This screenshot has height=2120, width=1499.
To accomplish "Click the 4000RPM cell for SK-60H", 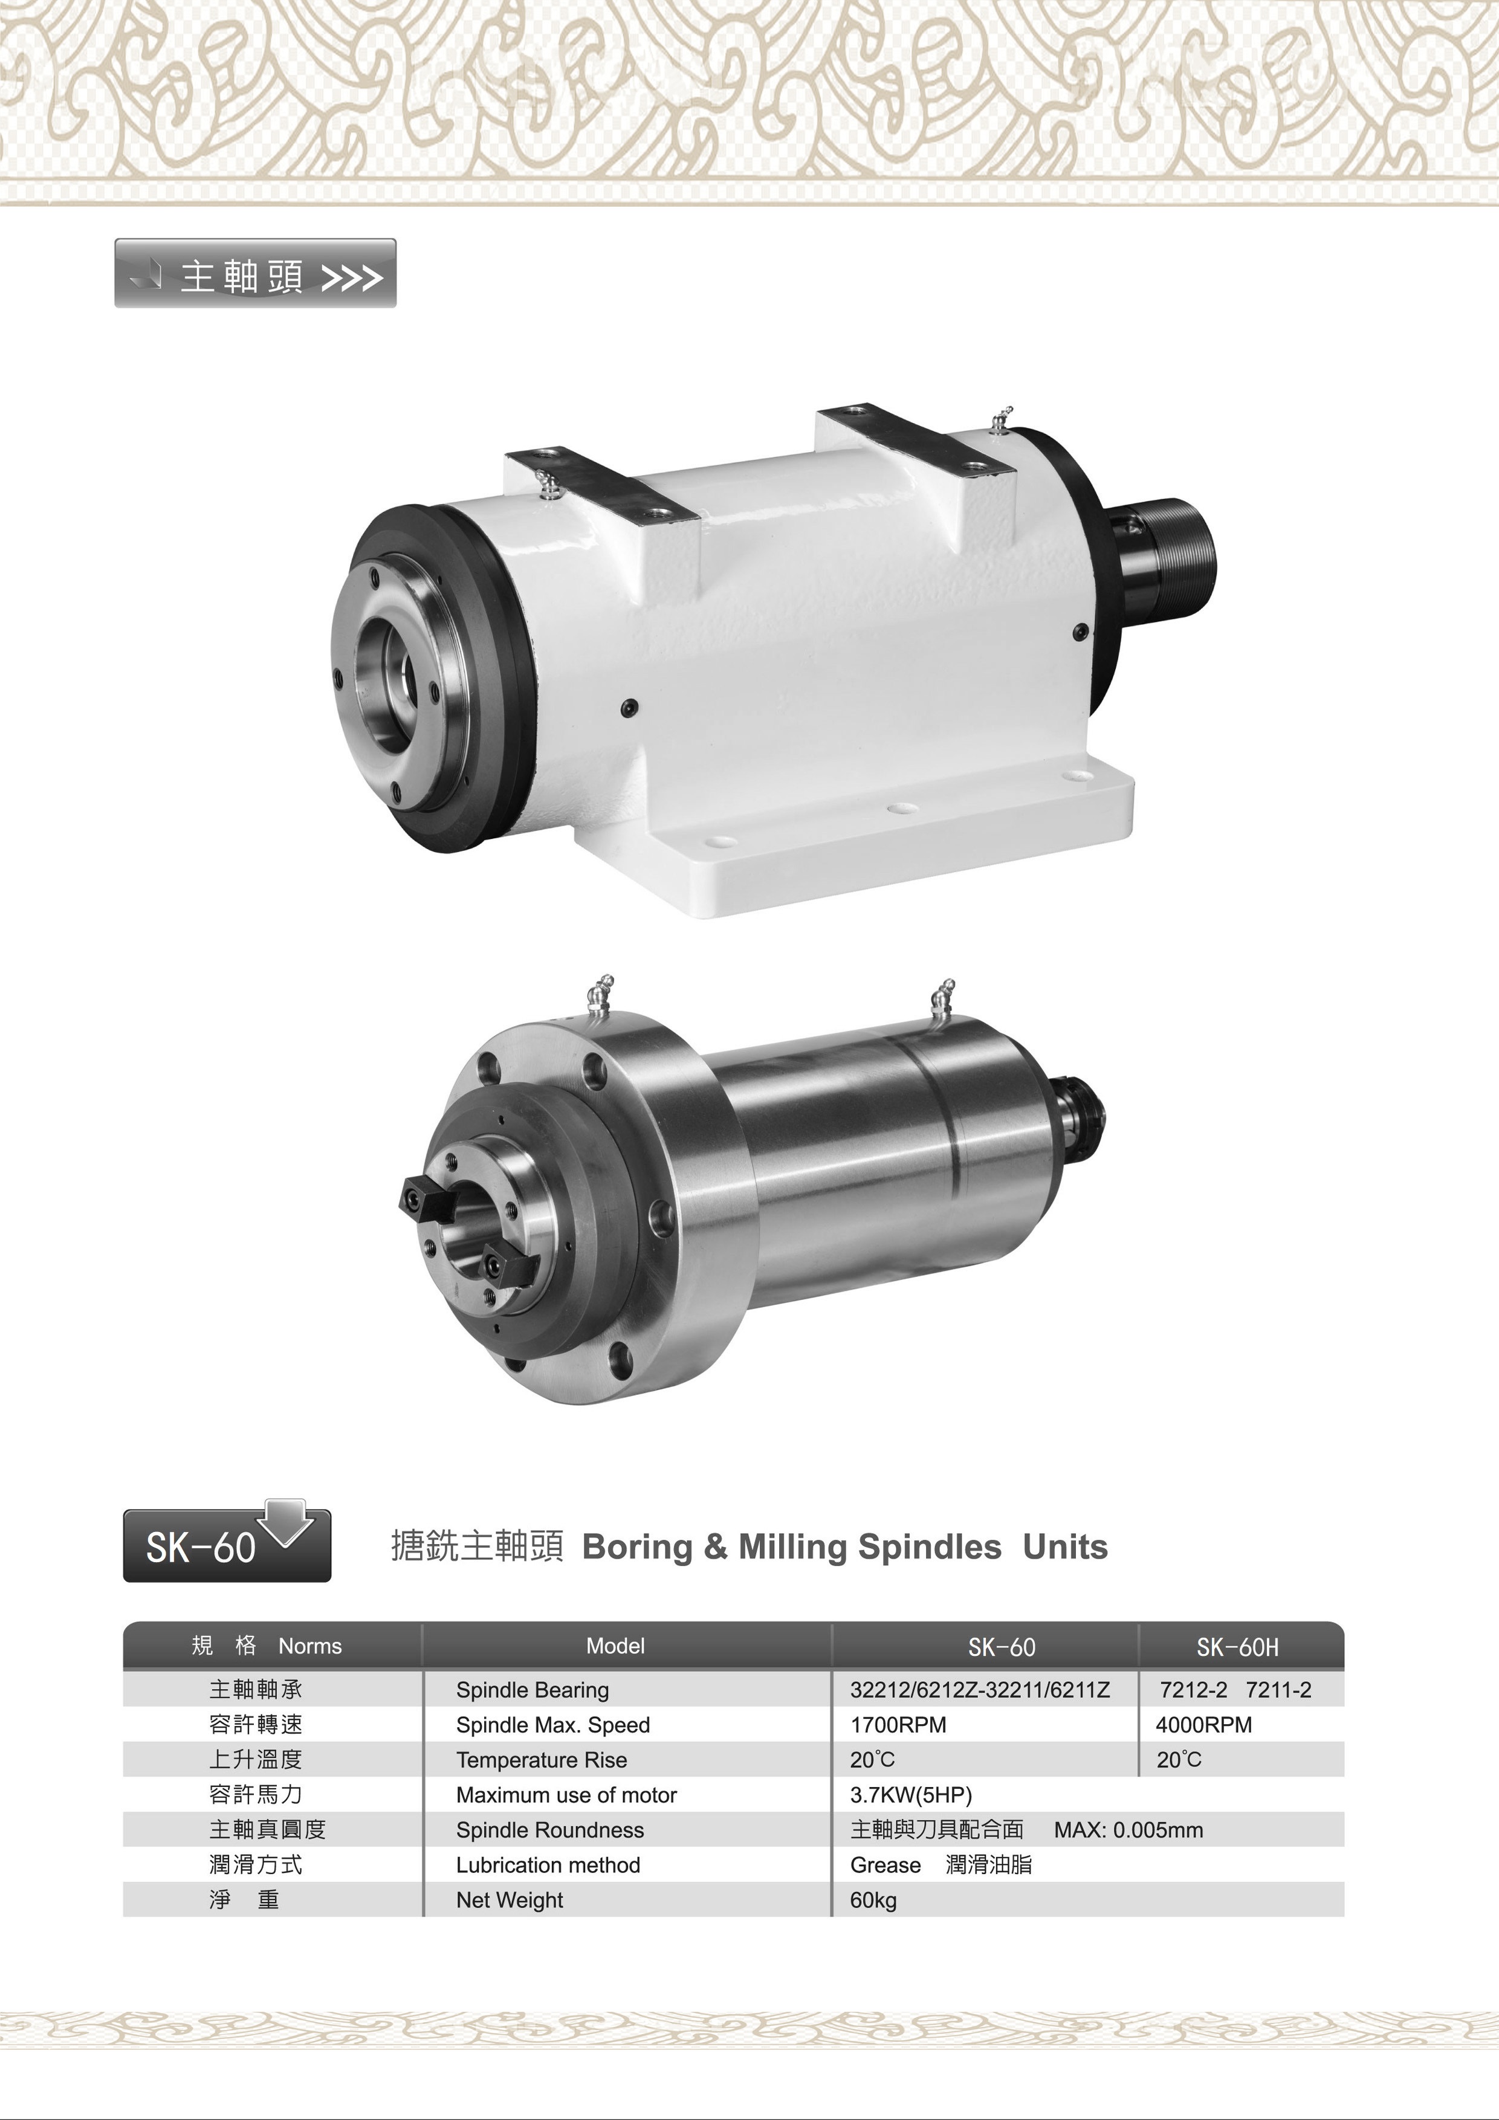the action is pyautogui.click(x=1203, y=1725).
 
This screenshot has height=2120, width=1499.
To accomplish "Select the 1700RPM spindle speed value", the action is pyautogui.click(x=898, y=1725).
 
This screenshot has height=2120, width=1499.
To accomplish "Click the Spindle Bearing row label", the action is pyautogui.click(x=532, y=1690).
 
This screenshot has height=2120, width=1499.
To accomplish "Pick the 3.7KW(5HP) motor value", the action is pyautogui.click(x=911, y=1795).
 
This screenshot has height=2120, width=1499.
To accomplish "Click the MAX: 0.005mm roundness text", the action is pyautogui.click(x=1128, y=1830).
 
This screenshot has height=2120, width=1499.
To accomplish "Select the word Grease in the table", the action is pyautogui.click(x=885, y=1865).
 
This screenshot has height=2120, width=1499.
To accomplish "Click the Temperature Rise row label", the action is pyautogui.click(x=541, y=1760).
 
